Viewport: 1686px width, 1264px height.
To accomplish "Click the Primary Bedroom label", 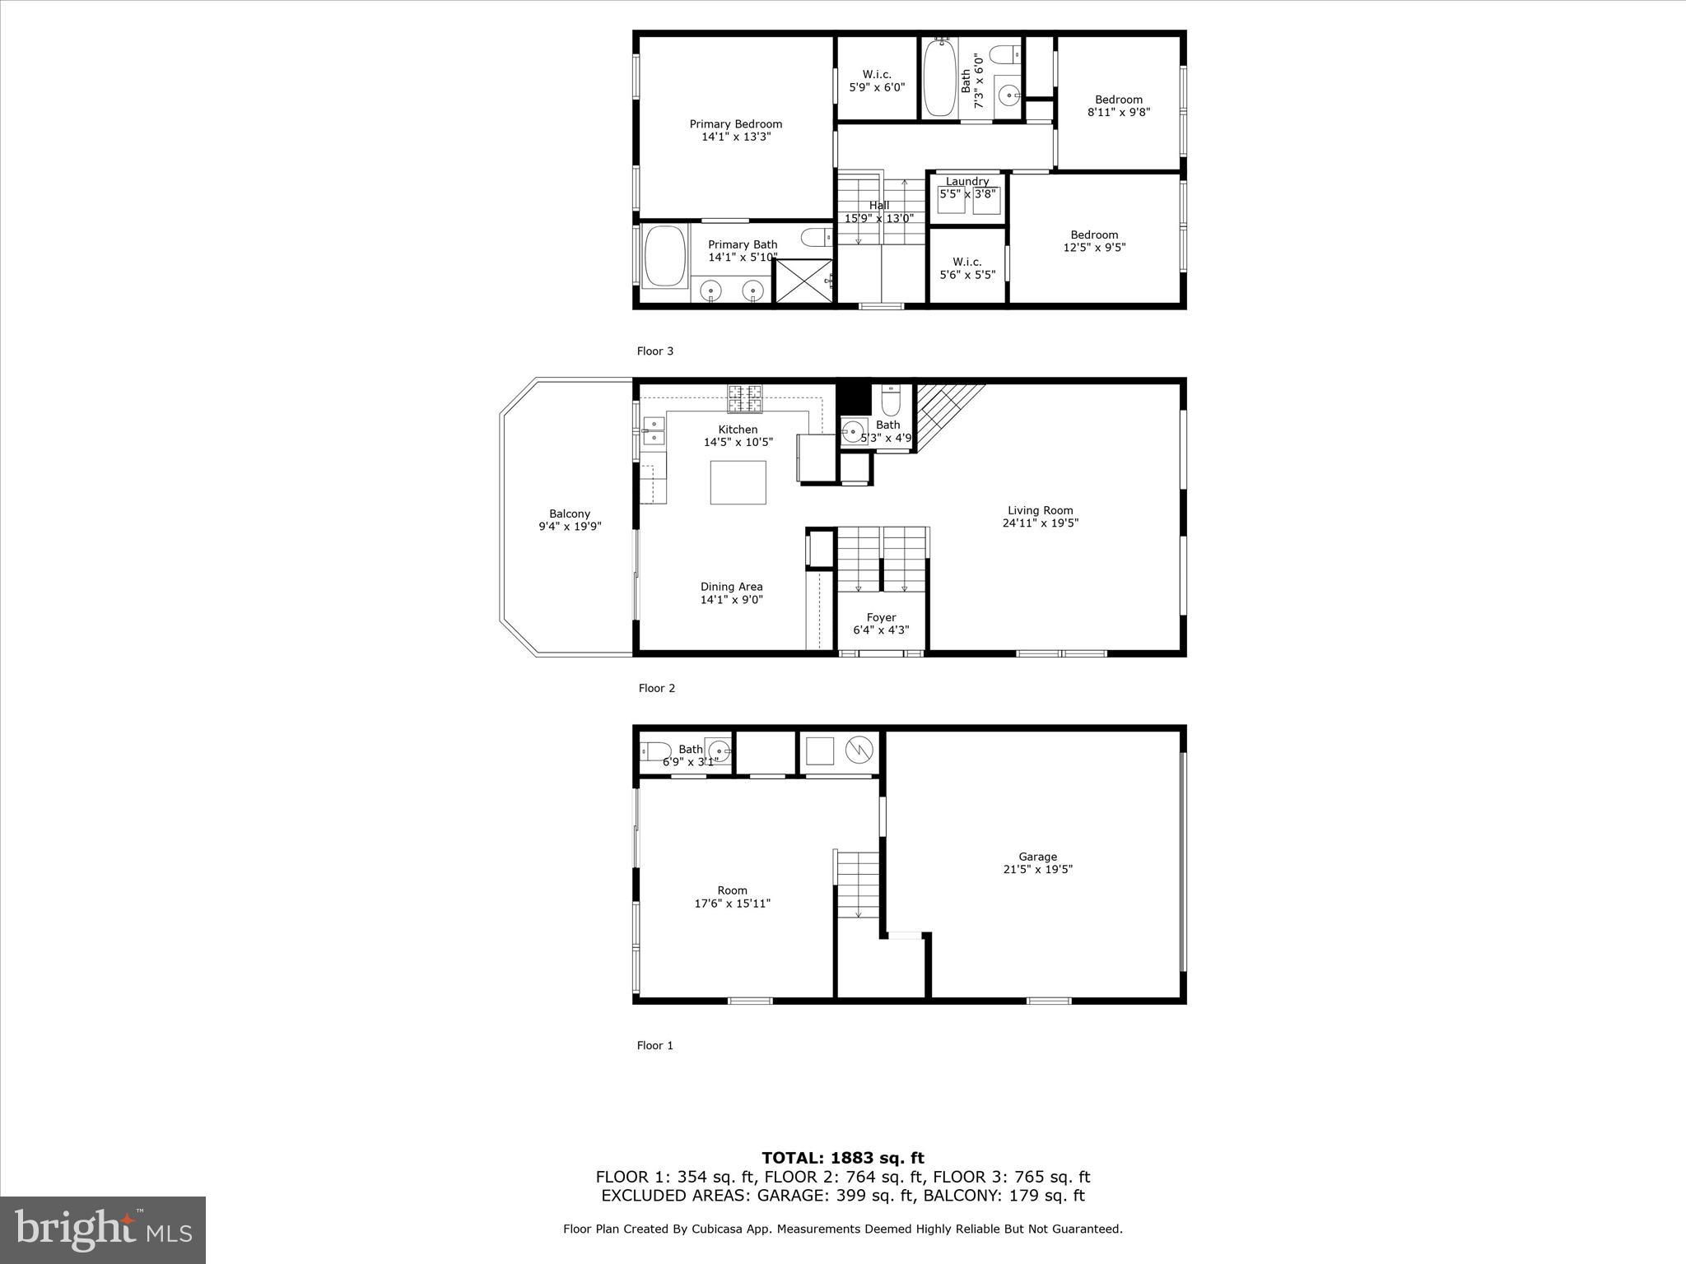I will click(735, 130).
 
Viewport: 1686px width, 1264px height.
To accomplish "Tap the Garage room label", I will click(1036, 862).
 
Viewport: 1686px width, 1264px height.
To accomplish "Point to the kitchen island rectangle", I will click(738, 482).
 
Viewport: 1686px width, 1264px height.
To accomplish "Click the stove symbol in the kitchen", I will click(744, 398).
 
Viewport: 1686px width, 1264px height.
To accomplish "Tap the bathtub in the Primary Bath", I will click(665, 257).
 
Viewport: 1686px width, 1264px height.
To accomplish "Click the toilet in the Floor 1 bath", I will click(655, 750).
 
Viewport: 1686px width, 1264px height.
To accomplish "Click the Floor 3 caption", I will click(654, 351).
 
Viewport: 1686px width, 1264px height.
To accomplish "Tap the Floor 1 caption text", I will click(654, 1045).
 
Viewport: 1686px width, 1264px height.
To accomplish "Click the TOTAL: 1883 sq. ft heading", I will click(842, 1158).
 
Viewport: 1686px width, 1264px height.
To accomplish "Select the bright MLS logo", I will click(103, 1229).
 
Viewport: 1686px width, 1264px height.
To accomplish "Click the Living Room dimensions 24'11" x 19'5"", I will click(1040, 523).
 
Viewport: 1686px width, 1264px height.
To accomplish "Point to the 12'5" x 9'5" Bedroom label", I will click(1094, 241).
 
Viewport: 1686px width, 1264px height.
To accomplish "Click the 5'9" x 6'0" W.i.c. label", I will click(877, 81).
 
